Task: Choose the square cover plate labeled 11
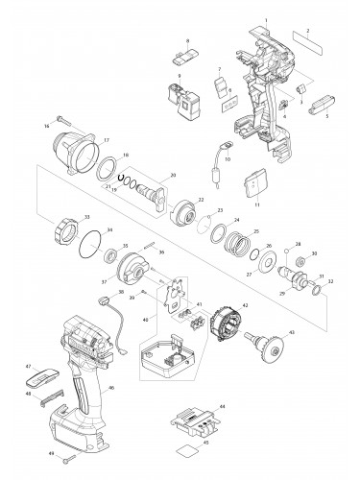(x=254, y=179)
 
